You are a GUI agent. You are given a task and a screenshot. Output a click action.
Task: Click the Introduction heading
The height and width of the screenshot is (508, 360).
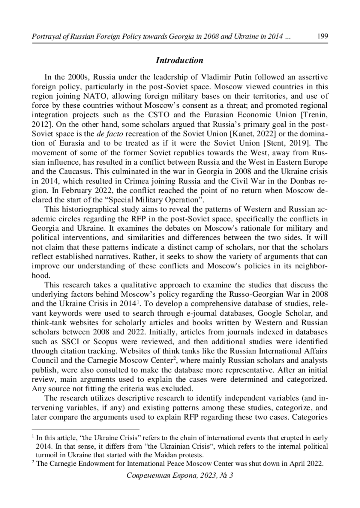coord(179,60)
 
